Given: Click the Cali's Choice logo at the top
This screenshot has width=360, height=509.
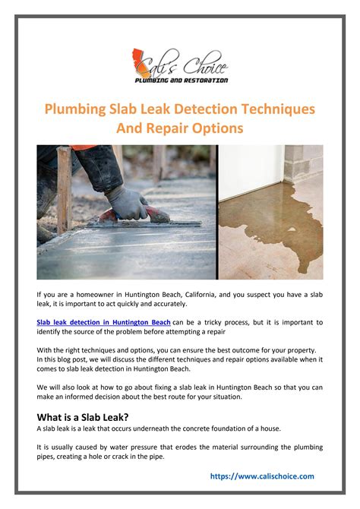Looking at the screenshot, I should pyautogui.click(x=180, y=65).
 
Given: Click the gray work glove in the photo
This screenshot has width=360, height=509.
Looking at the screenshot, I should pyautogui.click(x=128, y=202).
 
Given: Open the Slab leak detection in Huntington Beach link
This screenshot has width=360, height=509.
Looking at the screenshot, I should pyautogui.click(x=103, y=322).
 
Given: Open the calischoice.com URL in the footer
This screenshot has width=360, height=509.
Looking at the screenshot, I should pyautogui.click(x=261, y=476).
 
